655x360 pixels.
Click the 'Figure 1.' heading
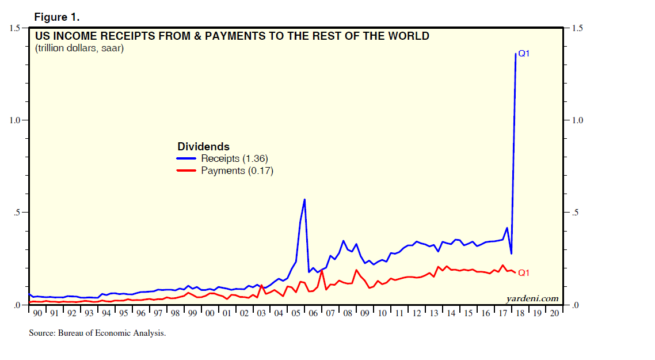pos(56,16)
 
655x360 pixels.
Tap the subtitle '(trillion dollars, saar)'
pos(79,48)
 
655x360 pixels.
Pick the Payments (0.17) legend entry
pos(237,170)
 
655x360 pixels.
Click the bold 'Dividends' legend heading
pos(203,146)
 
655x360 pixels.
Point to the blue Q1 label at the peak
pos(524,54)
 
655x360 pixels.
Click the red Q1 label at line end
pos(524,273)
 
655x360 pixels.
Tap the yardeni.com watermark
pos(532,298)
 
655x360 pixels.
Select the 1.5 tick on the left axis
pos(15,28)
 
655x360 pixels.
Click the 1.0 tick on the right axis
pos(575,120)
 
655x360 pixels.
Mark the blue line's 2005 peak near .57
pos(304,199)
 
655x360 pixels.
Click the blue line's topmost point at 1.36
pos(515,54)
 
